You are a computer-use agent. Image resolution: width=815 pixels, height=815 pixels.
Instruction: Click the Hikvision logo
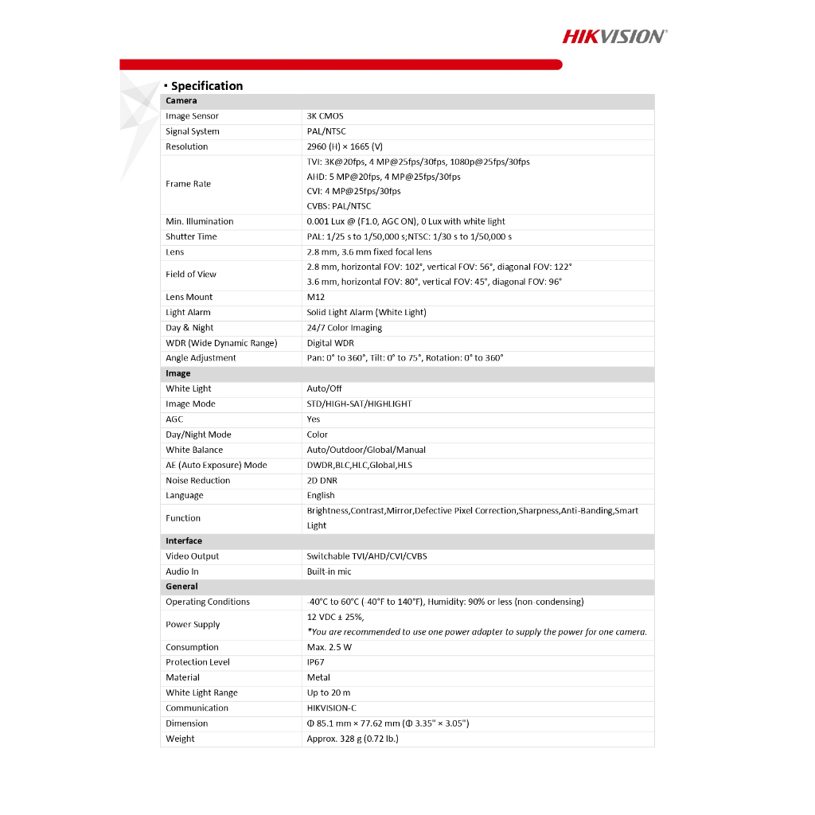click(x=614, y=36)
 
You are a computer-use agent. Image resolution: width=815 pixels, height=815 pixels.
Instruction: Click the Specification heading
click(x=206, y=86)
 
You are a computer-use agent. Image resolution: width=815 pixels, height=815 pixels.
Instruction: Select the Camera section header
click(x=181, y=101)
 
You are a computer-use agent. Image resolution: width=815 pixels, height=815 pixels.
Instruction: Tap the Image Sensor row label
click(x=192, y=116)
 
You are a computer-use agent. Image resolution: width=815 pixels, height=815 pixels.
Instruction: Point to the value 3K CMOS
click(x=325, y=116)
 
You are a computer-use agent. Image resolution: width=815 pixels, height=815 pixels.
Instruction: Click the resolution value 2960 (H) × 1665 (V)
click(x=345, y=146)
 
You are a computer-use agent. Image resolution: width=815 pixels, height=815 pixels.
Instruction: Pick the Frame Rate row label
click(x=188, y=184)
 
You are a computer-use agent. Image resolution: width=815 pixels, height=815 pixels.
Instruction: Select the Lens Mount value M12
click(x=315, y=297)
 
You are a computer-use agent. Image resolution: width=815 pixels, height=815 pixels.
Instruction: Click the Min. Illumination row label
click(x=199, y=221)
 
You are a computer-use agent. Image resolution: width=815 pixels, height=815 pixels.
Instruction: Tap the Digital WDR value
click(x=330, y=343)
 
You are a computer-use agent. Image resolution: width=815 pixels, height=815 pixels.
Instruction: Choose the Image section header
click(x=178, y=373)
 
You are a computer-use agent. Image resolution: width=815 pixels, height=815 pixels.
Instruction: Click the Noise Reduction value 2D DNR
click(x=322, y=481)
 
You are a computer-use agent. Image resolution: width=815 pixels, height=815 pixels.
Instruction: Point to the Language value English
click(x=321, y=495)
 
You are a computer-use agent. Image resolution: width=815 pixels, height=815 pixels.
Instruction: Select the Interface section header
click(x=184, y=541)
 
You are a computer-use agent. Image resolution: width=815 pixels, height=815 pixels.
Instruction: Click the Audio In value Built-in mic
click(x=329, y=571)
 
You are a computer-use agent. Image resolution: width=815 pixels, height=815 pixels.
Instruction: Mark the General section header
click(x=181, y=587)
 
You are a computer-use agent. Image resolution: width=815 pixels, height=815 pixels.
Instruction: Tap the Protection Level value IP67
click(x=316, y=662)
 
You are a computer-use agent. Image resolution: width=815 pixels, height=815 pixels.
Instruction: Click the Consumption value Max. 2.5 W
click(x=329, y=647)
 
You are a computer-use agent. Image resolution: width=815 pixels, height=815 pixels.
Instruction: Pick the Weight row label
click(x=180, y=739)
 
